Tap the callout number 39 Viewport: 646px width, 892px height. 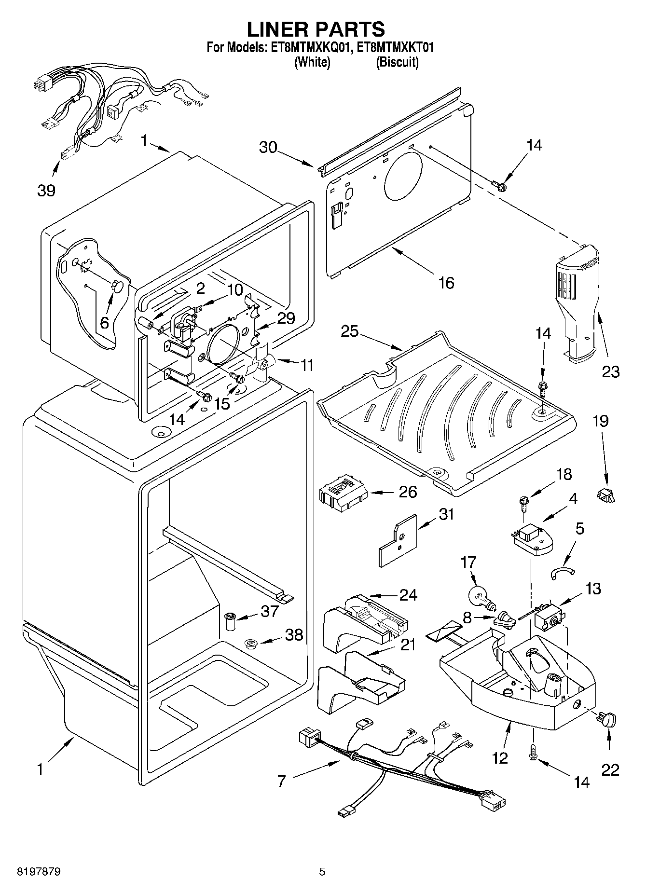(x=46, y=191)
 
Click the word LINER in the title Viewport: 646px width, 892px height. (x=279, y=29)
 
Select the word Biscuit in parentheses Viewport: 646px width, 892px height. (x=397, y=62)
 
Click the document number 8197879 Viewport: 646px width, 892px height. (x=33, y=872)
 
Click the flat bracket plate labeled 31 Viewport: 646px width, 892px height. (x=398, y=540)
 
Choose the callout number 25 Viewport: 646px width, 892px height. (x=351, y=332)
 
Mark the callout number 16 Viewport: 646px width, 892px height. (x=447, y=282)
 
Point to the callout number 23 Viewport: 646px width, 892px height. (x=610, y=371)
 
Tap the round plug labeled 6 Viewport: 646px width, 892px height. (x=118, y=286)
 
